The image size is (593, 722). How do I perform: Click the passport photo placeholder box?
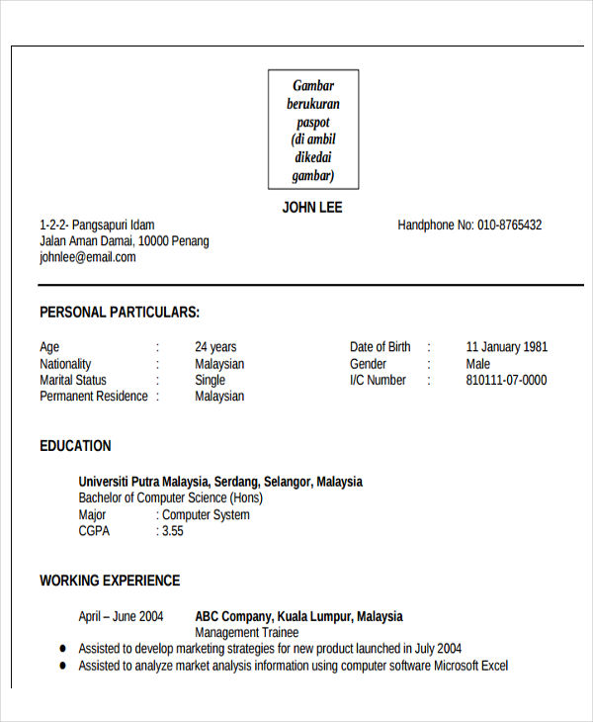(313, 129)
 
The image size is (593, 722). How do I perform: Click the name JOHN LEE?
(312, 208)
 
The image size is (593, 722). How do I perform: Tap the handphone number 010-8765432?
(509, 226)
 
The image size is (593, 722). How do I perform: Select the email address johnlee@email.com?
(88, 257)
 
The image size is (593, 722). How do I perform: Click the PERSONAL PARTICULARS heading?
(120, 313)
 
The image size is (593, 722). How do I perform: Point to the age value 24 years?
(215, 347)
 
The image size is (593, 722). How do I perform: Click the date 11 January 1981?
(506, 347)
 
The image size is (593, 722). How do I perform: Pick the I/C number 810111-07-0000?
(506, 380)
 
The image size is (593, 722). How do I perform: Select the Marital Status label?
(73, 380)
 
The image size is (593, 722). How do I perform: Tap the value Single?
(210, 380)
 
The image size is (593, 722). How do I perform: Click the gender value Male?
(478, 364)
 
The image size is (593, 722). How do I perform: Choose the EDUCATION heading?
(75, 446)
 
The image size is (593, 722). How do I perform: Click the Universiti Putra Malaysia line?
(220, 482)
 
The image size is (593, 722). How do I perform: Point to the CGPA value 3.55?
(172, 531)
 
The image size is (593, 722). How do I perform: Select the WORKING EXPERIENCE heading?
(110, 581)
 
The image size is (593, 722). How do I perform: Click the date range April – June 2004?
(121, 616)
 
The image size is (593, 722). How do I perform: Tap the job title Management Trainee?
(246, 632)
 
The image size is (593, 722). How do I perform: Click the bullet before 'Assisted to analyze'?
(62, 667)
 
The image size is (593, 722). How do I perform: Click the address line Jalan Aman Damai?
(125, 241)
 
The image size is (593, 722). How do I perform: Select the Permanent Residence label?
(94, 397)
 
